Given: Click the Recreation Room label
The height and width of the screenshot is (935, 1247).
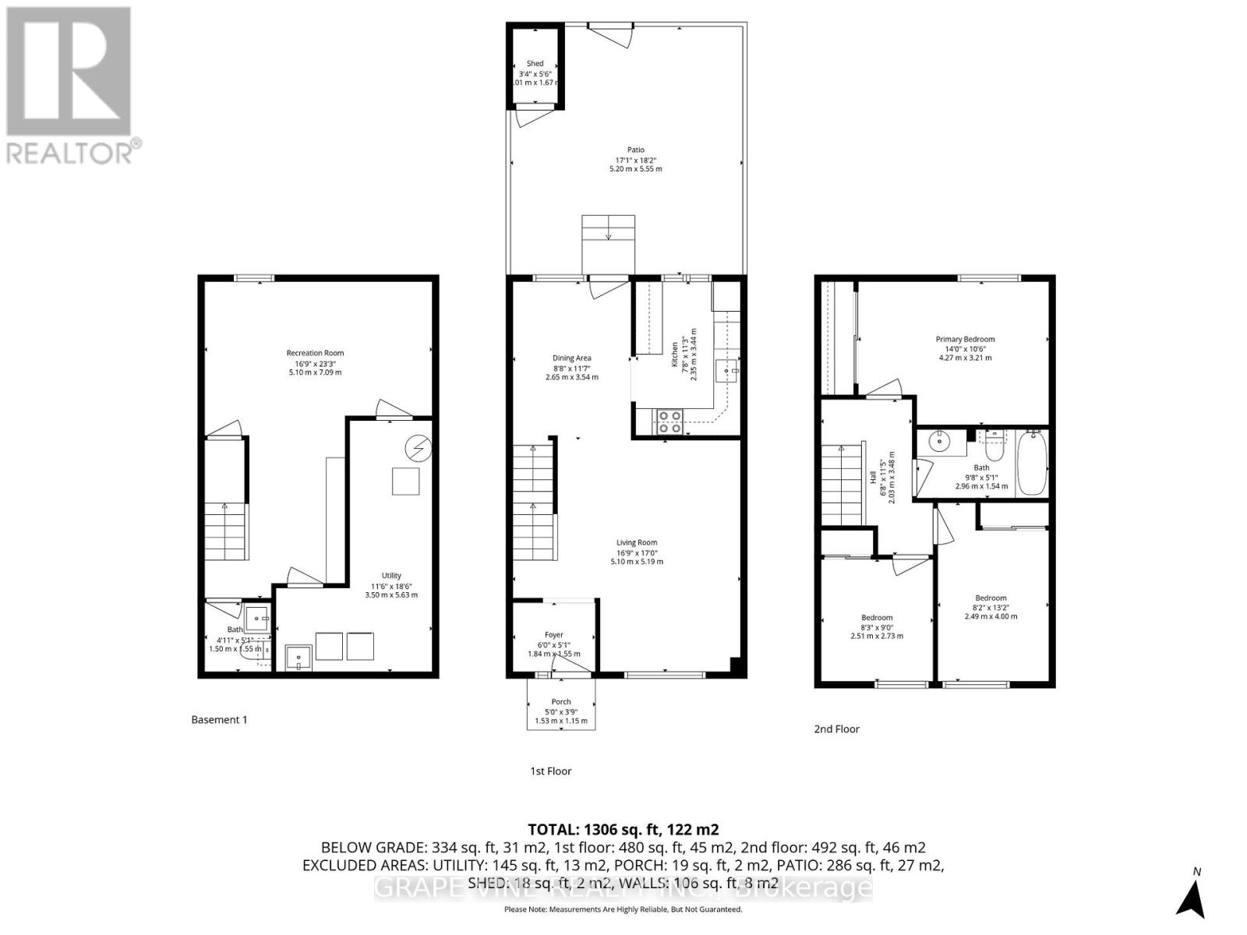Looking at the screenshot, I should click(315, 353).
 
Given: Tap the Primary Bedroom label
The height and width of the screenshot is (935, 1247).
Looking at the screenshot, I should click(965, 339).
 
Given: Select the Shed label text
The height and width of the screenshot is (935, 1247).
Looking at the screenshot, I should click(535, 64).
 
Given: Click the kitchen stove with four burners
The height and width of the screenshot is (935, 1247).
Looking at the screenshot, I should click(669, 422).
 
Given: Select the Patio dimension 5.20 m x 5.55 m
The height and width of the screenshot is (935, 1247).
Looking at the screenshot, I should click(635, 168).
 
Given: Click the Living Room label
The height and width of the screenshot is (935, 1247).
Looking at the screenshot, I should click(637, 542).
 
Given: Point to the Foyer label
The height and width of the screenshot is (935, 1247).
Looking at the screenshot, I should click(553, 634).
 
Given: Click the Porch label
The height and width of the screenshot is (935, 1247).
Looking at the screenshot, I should click(560, 701).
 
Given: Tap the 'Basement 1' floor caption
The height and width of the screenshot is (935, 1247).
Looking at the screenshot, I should click(219, 720).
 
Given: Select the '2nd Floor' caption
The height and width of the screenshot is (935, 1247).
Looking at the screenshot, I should click(836, 729).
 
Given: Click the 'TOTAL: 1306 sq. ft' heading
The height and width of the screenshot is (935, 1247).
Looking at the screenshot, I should click(623, 830).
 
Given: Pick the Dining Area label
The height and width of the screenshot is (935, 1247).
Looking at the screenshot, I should click(572, 358).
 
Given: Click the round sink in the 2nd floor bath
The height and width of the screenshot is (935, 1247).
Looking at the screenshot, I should click(941, 442).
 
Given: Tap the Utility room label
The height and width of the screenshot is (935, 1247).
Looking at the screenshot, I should click(391, 576).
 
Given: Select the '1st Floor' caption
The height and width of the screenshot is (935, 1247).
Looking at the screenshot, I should click(551, 771).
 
